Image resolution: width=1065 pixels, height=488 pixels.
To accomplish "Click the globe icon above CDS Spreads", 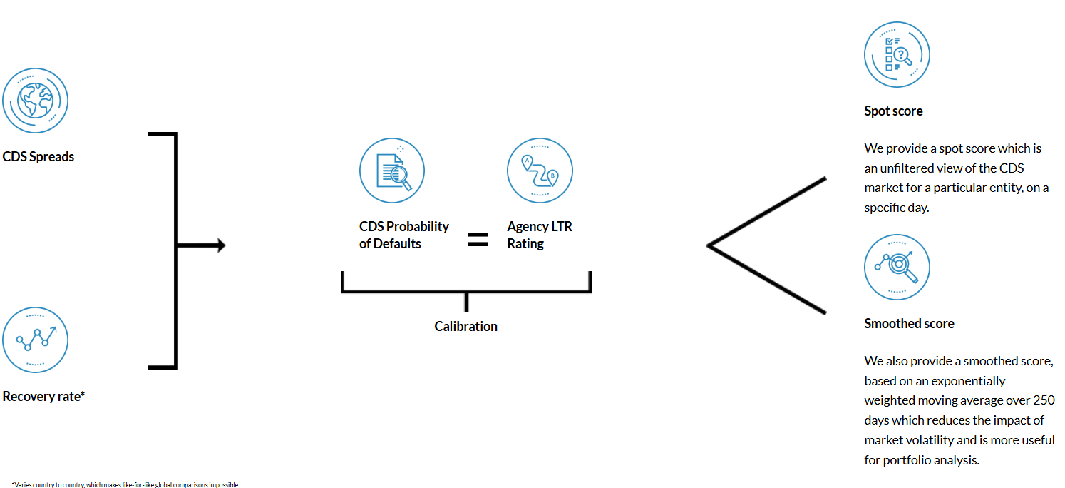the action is click(35, 101).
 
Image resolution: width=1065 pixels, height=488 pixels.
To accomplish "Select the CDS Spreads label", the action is click(38, 156).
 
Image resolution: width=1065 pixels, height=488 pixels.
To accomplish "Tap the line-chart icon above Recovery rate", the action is click(35, 340).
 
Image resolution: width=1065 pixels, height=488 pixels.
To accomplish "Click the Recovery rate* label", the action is click(43, 396).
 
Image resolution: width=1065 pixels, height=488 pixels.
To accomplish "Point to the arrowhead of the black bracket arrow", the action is click(222, 245).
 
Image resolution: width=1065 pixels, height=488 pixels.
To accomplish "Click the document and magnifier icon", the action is click(392, 171).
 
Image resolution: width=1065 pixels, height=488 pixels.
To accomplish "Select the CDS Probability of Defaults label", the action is click(403, 235).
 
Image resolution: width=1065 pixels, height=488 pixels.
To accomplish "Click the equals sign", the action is click(478, 239).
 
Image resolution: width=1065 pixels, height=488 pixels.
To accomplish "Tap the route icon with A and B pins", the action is click(540, 171).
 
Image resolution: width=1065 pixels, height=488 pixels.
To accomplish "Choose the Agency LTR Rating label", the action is click(540, 235).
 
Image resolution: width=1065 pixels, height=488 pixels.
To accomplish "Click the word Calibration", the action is click(466, 326).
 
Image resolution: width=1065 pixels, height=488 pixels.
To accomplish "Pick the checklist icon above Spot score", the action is click(897, 54).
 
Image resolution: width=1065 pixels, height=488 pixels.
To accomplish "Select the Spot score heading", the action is click(893, 111).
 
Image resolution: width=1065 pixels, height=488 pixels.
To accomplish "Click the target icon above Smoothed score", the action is click(897, 267).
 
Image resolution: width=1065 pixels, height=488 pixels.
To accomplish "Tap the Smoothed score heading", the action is click(909, 323).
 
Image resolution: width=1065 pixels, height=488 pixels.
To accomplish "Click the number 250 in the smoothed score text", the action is click(1043, 400).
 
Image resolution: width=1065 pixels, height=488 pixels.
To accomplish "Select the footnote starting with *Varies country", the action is click(125, 484).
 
